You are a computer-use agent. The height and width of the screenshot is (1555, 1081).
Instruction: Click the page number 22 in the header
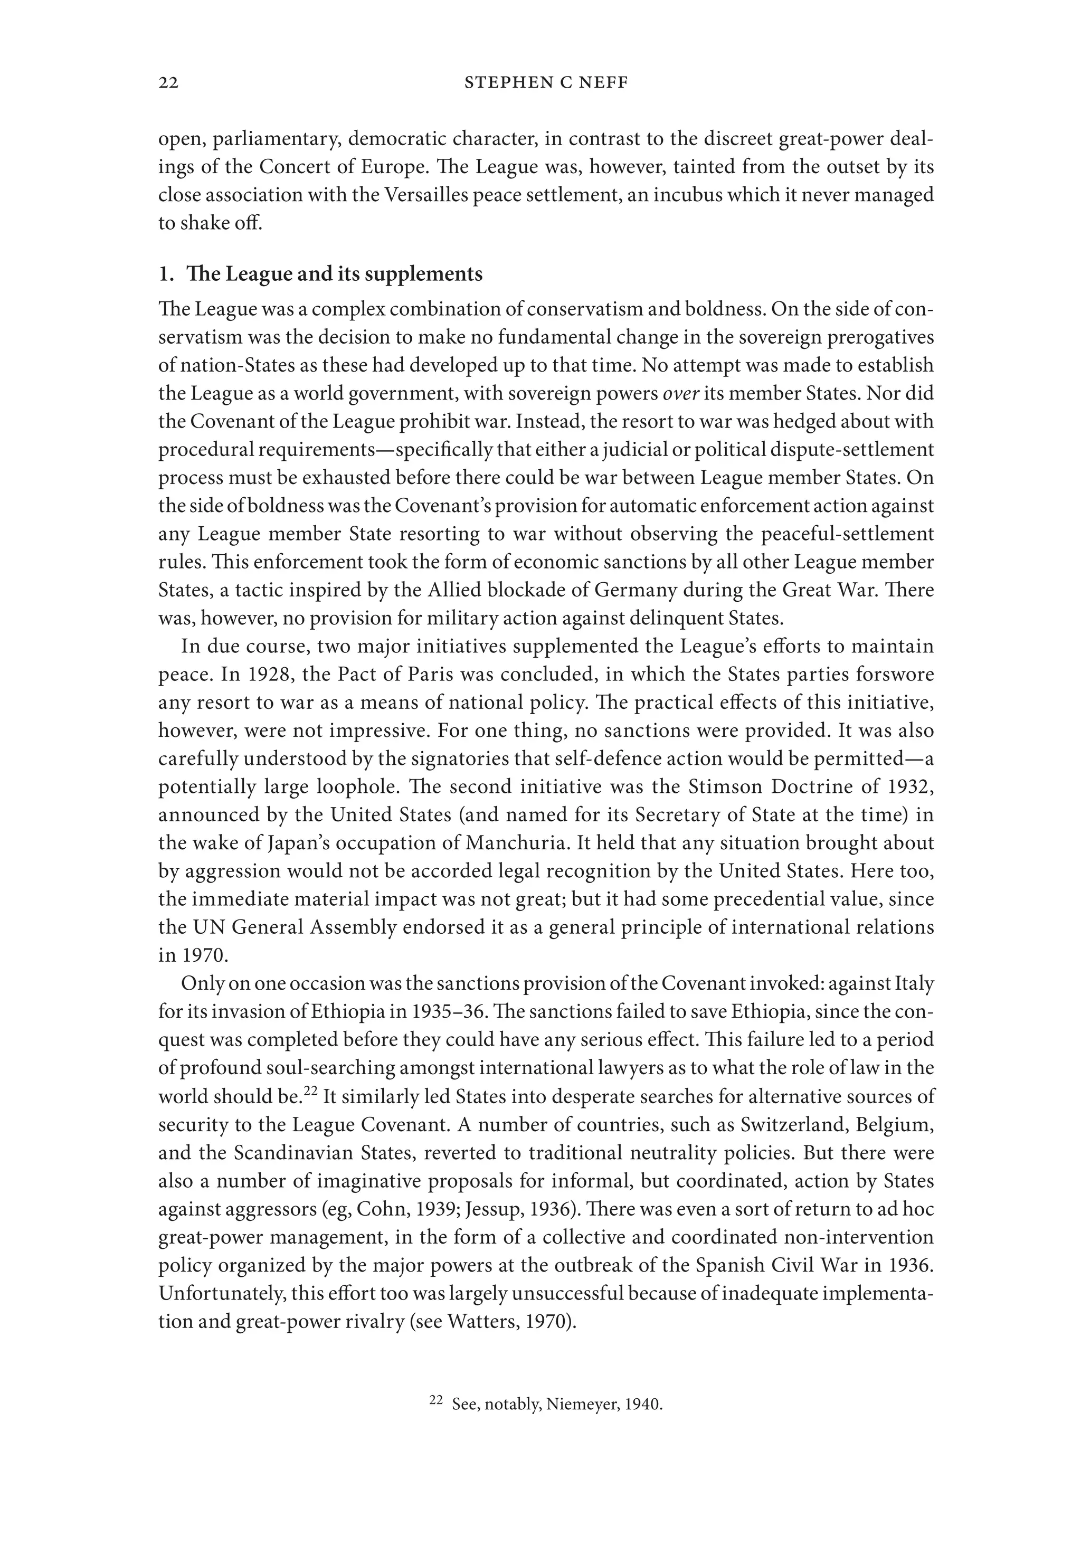(x=168, y=83)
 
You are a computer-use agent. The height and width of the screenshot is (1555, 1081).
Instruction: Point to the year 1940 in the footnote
(x=642, y=1405)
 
